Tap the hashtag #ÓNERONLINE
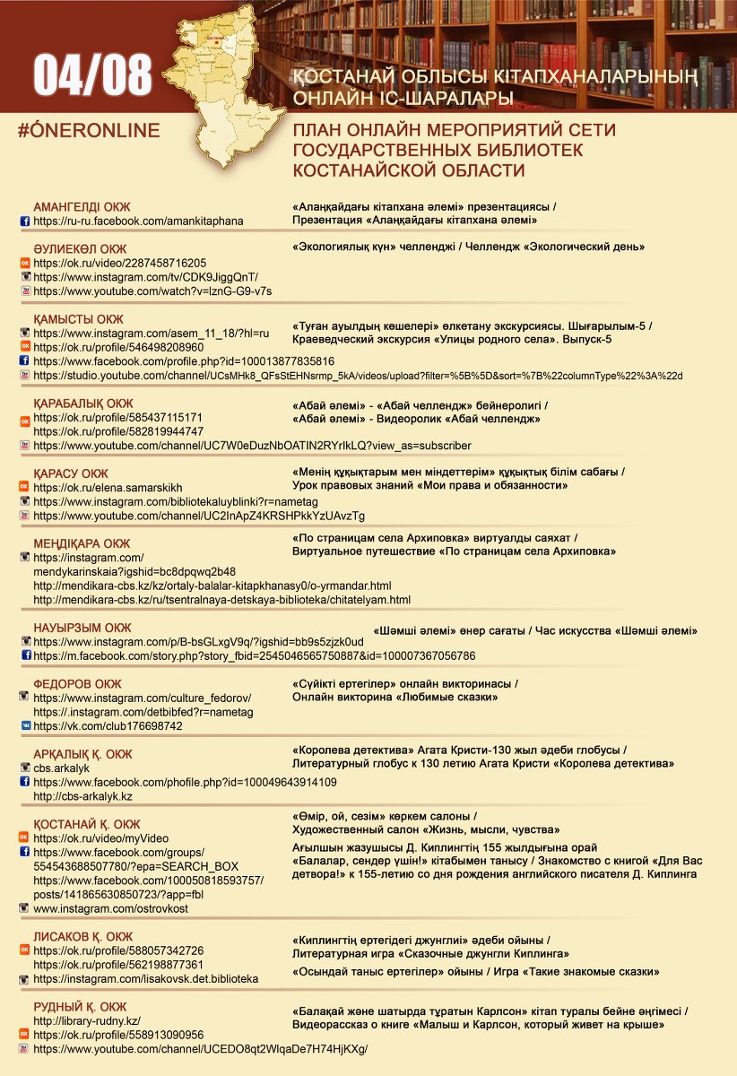(89, 131)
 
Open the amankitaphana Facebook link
(138, 221)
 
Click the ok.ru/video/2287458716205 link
(119, 264)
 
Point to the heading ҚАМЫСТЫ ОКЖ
(78, 319)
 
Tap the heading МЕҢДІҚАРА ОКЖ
(82, 543)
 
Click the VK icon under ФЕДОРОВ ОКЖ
(25, 726)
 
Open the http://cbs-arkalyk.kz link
(82, 796)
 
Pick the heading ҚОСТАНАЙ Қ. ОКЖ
(87, 824)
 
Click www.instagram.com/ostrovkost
(110, 909)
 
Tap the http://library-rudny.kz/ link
(87, 1021)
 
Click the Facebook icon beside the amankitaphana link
(25, 221)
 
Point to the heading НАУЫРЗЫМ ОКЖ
(82, 628)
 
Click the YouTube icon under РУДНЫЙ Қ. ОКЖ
(25, 1048)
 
